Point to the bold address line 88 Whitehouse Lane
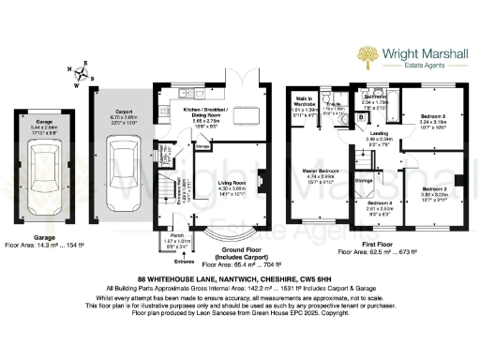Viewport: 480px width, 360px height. pyautogui.click(x=239, y=279)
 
